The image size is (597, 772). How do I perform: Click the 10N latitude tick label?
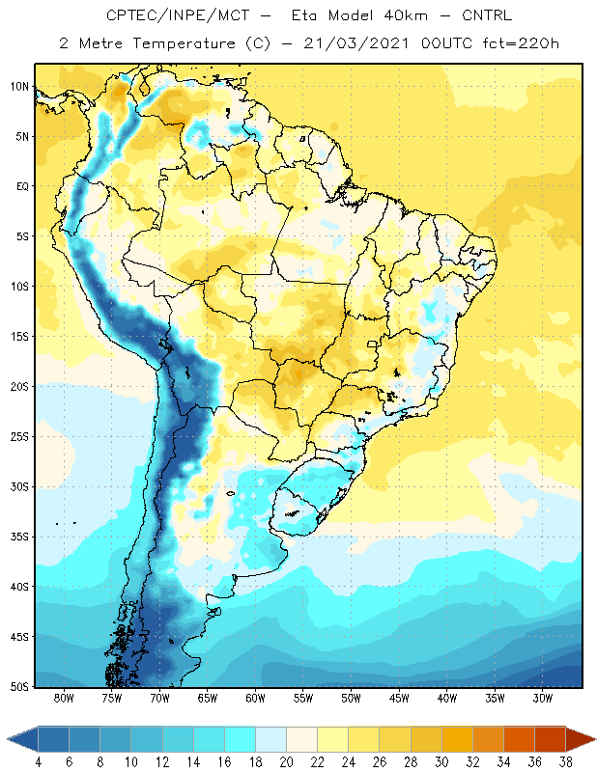(19, 87)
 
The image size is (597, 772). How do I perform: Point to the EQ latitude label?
(22, 186)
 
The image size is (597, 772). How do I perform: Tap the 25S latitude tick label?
(19, 437)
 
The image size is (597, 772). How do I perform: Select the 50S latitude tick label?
(19, 687)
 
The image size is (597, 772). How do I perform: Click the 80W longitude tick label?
(64, 698)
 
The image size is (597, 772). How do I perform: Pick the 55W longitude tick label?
(303, 698)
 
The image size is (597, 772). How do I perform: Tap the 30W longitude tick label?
(542, 698)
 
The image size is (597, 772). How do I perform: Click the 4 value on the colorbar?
(38, 762)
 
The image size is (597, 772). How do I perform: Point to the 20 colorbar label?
(286, 762)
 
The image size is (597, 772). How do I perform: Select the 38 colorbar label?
(565, 762)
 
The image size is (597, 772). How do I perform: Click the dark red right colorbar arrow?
(581, 739)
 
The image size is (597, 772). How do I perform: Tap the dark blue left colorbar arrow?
(22, 739)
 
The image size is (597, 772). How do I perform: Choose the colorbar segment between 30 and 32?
(457, 739)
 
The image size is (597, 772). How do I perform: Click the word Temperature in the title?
(184, 43)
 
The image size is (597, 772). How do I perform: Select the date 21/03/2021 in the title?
(355, 43)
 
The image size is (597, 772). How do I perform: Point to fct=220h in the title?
(521, 43)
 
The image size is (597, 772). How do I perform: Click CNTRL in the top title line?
(487, 15)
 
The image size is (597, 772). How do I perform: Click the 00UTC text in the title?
(446, 43)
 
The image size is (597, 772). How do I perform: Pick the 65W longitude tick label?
(208, 698)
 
